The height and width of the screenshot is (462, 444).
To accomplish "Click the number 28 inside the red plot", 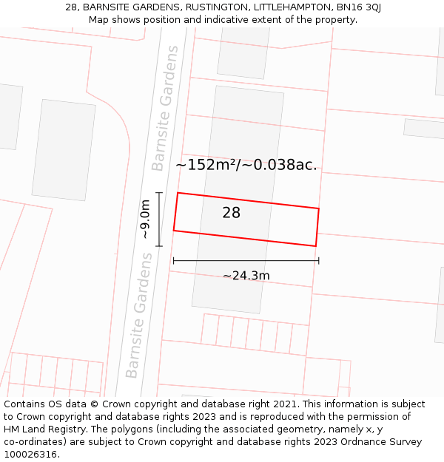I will (x=231, y=213).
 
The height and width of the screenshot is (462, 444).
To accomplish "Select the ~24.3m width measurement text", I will (x=246, y=276).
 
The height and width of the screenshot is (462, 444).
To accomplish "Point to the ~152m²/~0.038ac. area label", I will (x=246, y=165).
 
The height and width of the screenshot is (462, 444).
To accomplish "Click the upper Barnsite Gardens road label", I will (x=165, y=108).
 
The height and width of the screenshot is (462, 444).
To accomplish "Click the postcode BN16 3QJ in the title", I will (x=357, y=7).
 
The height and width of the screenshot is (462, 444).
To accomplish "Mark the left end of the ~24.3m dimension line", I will (x=173, y=260).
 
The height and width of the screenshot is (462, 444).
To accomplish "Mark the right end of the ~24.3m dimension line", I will (x=318, y=260).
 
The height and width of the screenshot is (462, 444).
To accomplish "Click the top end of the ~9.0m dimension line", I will (x=159, y=193).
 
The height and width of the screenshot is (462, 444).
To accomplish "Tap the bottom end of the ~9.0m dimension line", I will (x=159, y=246).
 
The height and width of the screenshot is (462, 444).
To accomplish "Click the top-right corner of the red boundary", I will (x=319, y=208).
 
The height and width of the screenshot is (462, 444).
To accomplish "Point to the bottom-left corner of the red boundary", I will (x=174, y=231).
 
